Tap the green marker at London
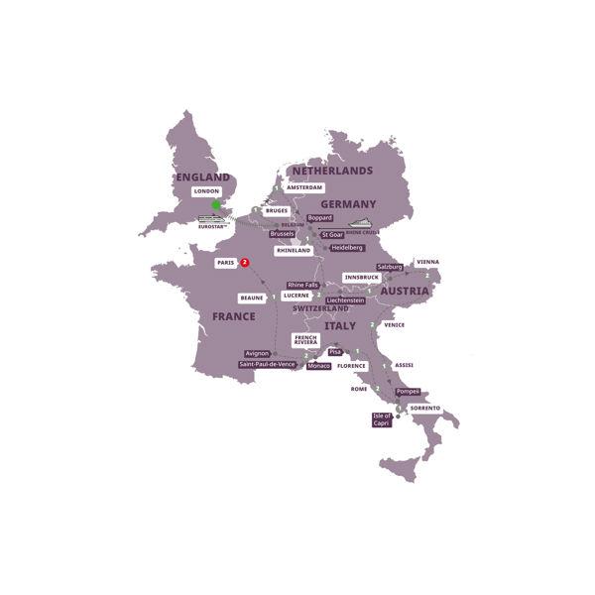[215, 205]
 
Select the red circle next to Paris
[245, 263]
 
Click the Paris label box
[225, 263]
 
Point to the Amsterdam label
[304, 187]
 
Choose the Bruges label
[277, 210]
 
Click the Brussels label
[282, 234]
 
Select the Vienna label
[427, 262]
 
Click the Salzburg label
[390, 268]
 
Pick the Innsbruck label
[362, 278]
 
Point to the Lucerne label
[297, 296]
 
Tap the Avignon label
[257, 353]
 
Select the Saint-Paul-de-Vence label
[267, 365]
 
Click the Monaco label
[318, 366]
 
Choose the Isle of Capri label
[382, 419]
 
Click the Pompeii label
[408, 392]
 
